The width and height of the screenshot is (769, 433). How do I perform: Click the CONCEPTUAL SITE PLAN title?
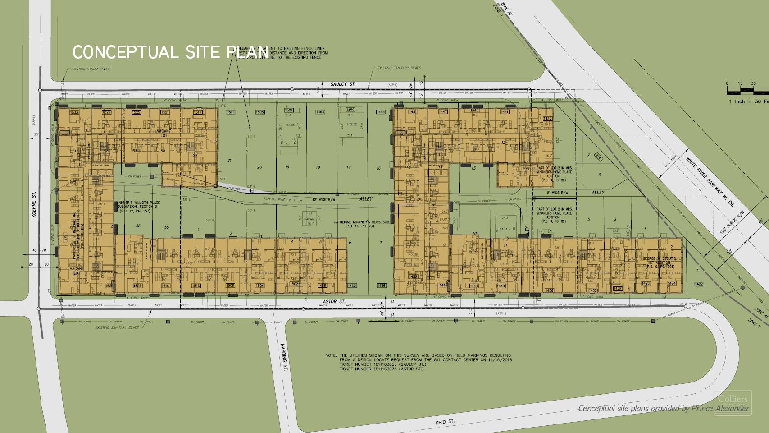(x=170, y=52)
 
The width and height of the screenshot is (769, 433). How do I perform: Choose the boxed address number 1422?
(x=699, y=284)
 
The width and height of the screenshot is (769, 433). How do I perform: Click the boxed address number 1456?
(x=381, y=286)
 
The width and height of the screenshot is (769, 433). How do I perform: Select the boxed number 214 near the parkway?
(x=598, y=157)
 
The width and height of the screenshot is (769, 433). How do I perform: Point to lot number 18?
(x=318, y=167)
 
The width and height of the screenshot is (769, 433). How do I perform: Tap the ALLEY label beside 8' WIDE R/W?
(x=598, y=193)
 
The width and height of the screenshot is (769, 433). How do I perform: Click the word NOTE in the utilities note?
(x=331, y=355)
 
